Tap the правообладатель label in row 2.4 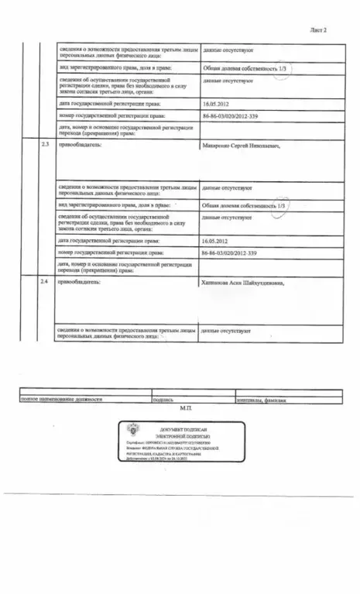point(80,283)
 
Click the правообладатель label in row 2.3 point(80,145)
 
